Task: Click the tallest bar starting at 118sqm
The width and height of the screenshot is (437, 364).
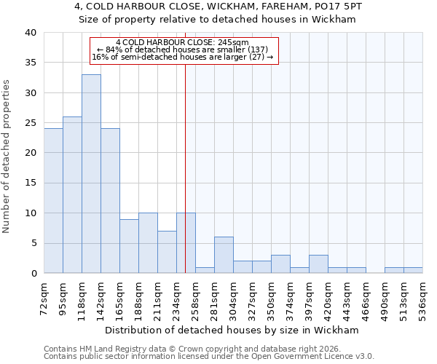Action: (91, 174)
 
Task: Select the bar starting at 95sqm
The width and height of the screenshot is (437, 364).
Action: (72, 195)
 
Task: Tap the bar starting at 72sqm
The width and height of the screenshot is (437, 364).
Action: (53, 201)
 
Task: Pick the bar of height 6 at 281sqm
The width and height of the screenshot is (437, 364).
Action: (224, 256)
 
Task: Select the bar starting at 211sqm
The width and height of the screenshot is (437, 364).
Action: (167, 252)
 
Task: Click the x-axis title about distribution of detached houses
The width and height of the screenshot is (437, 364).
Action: (232, 330)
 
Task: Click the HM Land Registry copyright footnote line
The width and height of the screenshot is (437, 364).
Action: (208, 349)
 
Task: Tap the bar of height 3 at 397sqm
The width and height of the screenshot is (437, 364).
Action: (318, 264)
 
